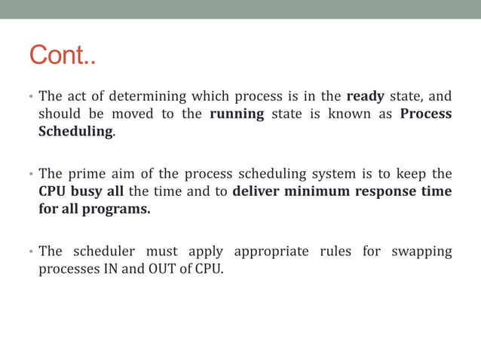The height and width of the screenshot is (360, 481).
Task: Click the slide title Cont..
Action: [63, 56]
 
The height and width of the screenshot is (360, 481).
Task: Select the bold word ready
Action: [366, 96]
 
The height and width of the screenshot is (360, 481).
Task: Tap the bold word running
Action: [237, 114]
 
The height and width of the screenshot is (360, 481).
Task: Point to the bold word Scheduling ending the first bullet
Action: [75, 133]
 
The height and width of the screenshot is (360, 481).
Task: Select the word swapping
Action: [421, 252]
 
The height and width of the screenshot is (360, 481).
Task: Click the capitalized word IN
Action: [109, 269]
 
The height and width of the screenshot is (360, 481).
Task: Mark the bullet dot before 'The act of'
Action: [32, 97]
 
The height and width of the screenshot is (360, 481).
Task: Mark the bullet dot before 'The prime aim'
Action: [32, 174]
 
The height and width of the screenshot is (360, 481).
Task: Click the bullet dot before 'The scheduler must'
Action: [32, 252]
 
